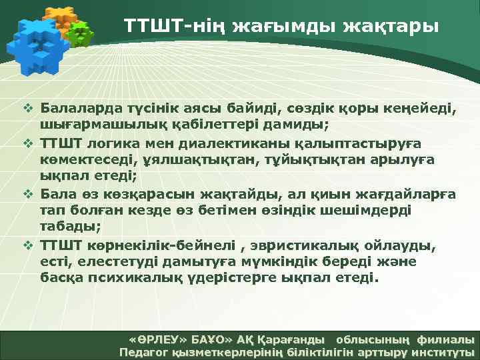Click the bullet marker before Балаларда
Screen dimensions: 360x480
(29, 107)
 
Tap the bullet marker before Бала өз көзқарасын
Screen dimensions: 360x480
(29, 194)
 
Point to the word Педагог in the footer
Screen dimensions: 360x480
(141, 352)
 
